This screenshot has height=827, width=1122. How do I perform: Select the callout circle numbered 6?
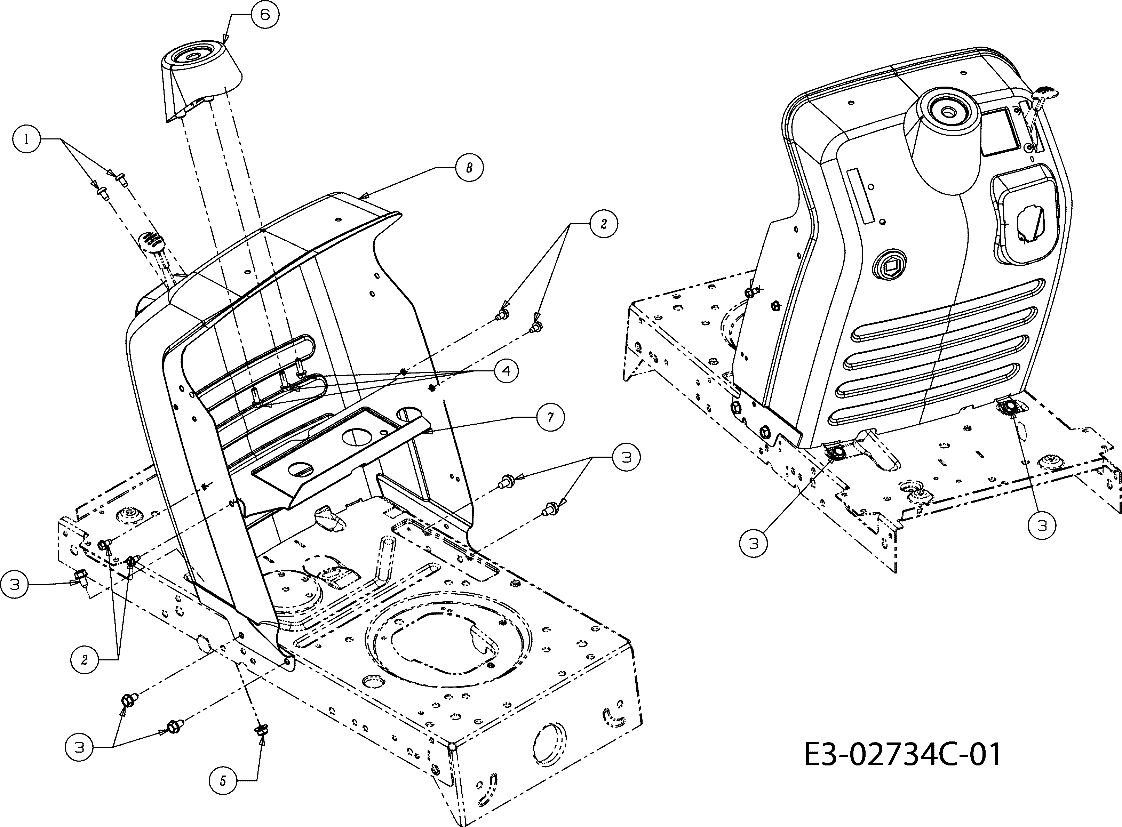264,15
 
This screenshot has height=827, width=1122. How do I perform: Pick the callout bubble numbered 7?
550,417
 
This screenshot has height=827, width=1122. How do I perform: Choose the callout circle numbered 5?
223,780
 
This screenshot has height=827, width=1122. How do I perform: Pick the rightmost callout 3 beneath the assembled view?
1042,525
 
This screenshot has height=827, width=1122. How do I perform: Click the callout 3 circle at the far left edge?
15,584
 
